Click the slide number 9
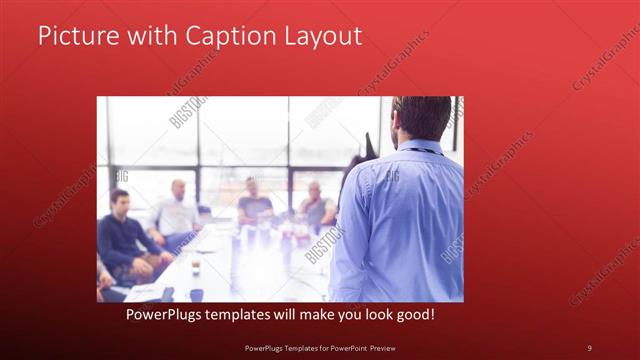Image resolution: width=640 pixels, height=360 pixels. (589, 347)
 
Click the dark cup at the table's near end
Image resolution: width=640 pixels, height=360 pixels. (196, 294)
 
